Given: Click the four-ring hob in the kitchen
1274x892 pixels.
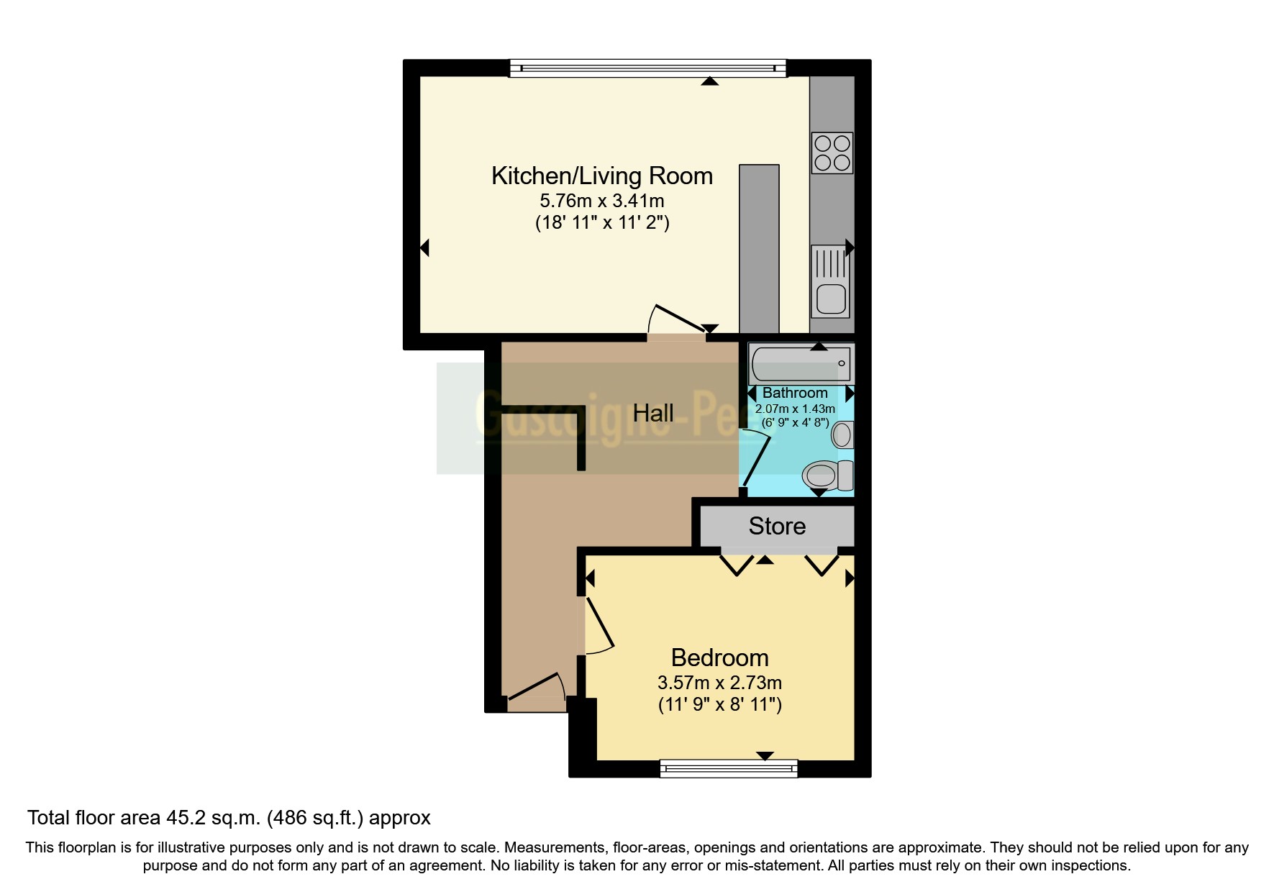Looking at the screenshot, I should (x=832, y=153).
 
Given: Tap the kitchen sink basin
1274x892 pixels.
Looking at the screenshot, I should (x=831, y=298).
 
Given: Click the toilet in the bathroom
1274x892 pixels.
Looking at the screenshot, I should (x=827, y=475).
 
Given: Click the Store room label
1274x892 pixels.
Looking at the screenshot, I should (x=777, y=526).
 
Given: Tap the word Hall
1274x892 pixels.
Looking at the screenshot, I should (x=652, y=413).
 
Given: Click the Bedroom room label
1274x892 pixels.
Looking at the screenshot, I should (x=719, y=657).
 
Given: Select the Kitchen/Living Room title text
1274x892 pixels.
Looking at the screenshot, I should (x=601, y=176).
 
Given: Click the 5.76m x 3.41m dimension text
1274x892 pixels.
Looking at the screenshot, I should (x=601, y=201).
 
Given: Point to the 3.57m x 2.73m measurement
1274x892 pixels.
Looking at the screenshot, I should (x=719, y=683).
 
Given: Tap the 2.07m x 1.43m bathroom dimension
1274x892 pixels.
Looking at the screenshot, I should (x=795, y=409).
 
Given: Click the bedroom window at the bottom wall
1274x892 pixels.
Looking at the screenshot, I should (x=729, y=768).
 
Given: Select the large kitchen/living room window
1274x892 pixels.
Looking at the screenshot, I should (x=647, y=68).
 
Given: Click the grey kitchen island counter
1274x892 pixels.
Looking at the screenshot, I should (x=759, y=248).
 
